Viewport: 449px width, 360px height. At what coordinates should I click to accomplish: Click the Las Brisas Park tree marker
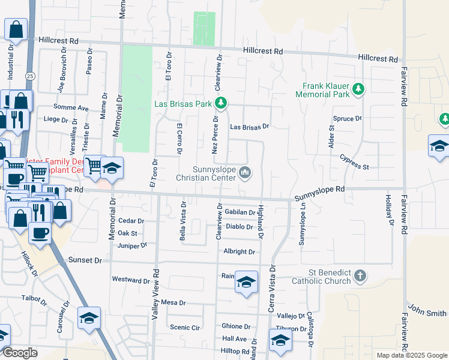coord(221,103)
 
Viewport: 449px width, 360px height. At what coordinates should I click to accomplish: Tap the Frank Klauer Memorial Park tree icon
coord(358,89)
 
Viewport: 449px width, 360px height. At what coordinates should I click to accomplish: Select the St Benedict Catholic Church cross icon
coord(359,276)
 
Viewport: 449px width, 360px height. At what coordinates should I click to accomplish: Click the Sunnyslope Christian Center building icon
coord(245,173)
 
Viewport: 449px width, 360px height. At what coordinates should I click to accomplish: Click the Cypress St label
coord(354,161)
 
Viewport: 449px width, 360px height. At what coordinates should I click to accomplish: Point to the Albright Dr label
coord(239,252)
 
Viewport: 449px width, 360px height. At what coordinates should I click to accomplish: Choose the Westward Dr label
coord(131,280)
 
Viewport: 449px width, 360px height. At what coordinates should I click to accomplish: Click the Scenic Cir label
coord(185,328)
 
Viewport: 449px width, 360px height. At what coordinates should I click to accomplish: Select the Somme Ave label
coord(71,107)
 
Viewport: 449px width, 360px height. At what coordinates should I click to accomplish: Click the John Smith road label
coord(427,313)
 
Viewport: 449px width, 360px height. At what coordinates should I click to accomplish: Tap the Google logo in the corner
coord(20,352)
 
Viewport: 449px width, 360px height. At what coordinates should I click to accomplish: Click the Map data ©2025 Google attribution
coord(411,355)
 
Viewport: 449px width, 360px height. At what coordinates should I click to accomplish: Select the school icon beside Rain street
coord(246,283)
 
